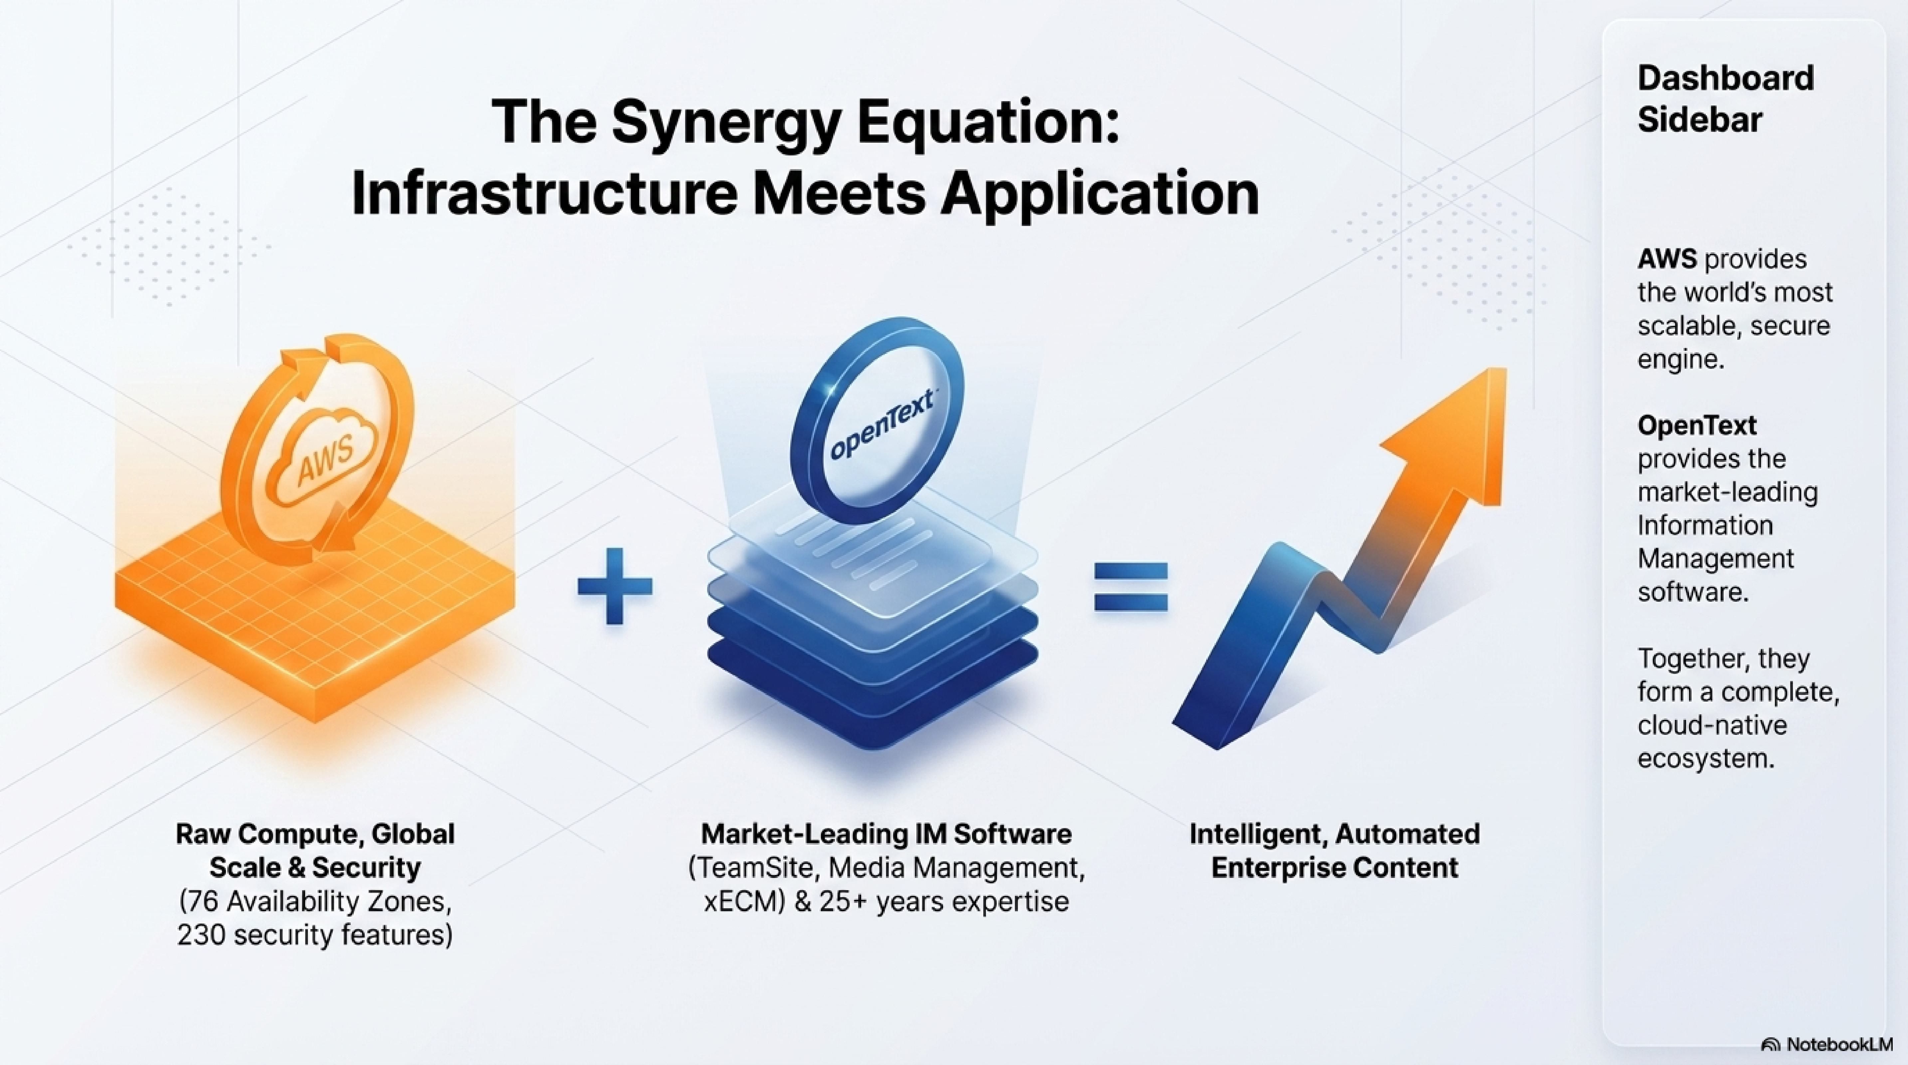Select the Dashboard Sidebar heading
coord(1725,99)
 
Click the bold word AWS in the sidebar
coord(1666,259)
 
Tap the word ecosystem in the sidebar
coord(1706,758)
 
